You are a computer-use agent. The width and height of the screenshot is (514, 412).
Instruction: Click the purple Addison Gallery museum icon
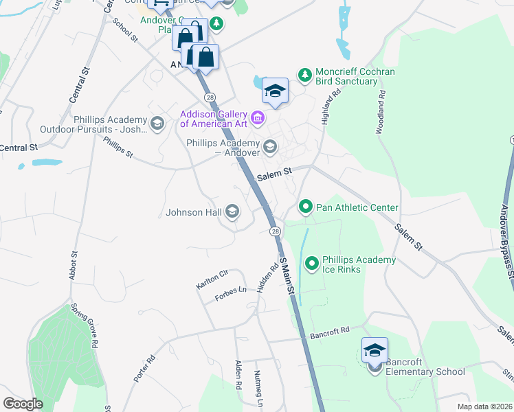[x=258, y=119]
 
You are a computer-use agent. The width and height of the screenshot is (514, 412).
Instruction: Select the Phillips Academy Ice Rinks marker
[x=312, y=263]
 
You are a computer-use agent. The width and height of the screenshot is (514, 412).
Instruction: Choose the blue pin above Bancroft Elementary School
[x=375, y=350]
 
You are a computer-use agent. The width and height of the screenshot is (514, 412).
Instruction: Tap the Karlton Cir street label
[x=212, y=277]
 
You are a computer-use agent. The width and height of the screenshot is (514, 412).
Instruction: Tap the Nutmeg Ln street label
[x=259, y=385]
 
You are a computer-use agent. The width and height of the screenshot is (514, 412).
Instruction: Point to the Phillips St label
[x=118, y=147]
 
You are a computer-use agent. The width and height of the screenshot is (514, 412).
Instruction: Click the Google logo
[x=23, y=404]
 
